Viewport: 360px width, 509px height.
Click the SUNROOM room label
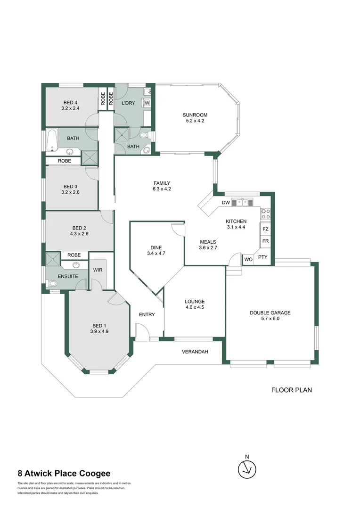coord(195,115)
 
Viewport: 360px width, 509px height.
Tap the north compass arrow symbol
coord(247,469)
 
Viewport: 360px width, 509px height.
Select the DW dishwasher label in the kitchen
coord(226,203)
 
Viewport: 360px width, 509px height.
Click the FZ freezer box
coord(265,229)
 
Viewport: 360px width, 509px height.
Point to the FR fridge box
coord(265,241)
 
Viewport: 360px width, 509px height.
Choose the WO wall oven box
coord(248,259)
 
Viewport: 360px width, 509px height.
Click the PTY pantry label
coord(262,257)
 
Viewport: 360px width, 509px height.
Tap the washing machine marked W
coord(147,103)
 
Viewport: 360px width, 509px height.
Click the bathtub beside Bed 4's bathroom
coord(52,140)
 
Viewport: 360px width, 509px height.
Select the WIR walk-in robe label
coord(98,270)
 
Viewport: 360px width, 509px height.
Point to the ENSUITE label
coord(68,276)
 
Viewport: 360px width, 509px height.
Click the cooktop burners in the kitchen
coord(266,213)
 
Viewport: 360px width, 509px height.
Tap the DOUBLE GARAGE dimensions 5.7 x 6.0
coord(270,319)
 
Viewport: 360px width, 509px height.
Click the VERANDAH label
coord(195,352)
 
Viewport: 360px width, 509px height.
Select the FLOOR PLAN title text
coord(292,390)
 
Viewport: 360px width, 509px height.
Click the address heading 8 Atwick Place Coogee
coord(64,473)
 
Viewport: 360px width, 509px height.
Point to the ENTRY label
coord(147,314)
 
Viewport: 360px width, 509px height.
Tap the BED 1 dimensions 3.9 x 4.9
coord(99,331)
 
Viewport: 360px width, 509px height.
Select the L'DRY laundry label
coord(128,103)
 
